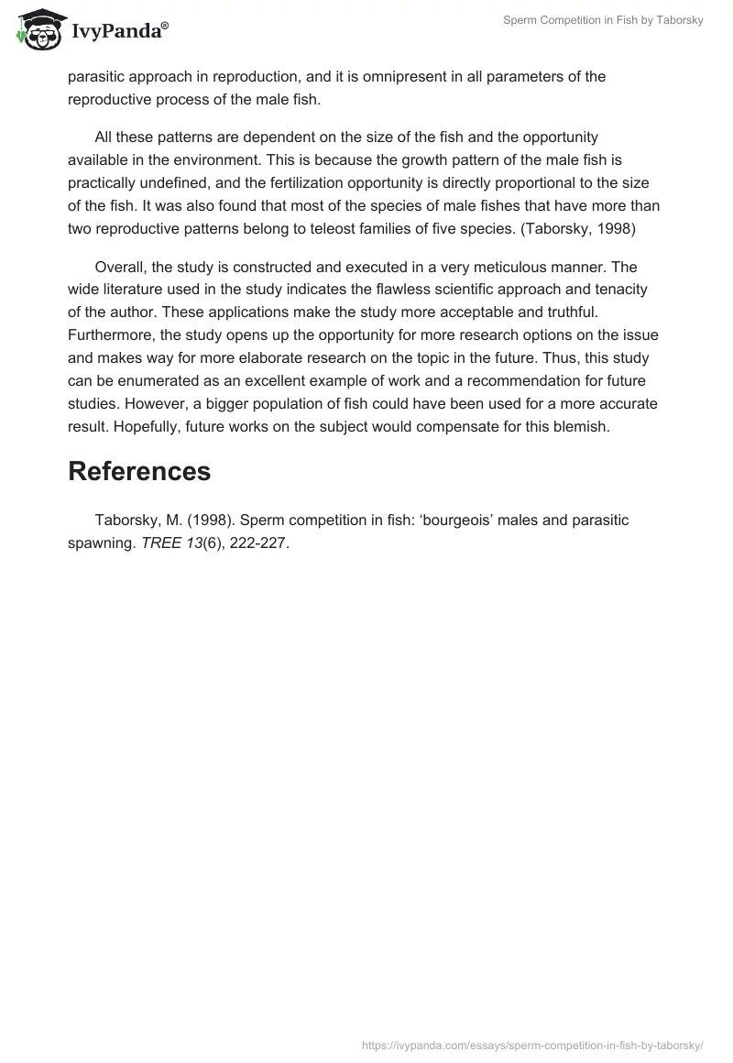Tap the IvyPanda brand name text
click(x=117, y=32)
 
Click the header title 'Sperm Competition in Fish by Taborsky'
click(x=603, y=20)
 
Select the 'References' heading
click(x=139, y=471)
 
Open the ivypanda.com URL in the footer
click(x=532, y=1044)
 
